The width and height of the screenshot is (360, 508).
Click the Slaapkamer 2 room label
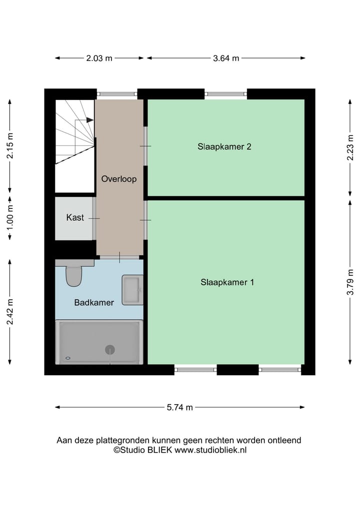[224, 147]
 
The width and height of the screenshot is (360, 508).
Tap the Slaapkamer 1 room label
[227, 282]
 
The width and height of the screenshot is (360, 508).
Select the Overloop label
[118, 179]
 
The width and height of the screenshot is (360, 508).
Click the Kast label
[75, 218]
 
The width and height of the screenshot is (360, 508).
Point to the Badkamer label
[94, 302]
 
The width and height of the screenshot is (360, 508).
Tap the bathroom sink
[132, 289]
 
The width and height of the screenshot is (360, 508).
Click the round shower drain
[110, 350]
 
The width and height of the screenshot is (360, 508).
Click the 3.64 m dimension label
[226, 58]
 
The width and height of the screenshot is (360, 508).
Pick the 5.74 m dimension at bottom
[179, 408]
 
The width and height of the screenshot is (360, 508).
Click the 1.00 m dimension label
[9, 218]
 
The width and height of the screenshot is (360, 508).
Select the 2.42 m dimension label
[9, 312]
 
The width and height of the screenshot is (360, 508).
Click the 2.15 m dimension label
[9, 145]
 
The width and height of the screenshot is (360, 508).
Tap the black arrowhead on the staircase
[89, 120]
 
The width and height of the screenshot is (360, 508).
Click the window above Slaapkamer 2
[226, 93]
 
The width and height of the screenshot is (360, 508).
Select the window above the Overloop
[117, 93]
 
